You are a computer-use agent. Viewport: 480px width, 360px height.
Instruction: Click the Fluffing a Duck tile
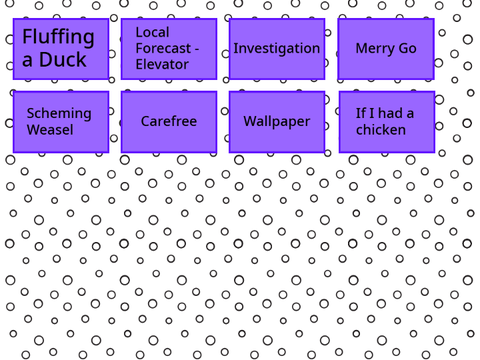coord(61,49)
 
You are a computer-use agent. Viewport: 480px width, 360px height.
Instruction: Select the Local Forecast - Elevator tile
coord(169,49)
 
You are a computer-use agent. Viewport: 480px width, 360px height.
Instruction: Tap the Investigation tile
coord(277,49)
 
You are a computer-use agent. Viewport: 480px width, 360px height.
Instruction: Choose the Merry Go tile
coord(386,49)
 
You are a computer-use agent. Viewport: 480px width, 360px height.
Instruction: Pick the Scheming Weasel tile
coord(61,122)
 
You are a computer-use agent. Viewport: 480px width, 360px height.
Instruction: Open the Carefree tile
coord(169,122)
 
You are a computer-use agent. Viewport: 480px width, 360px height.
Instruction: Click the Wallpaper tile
coord(277,122)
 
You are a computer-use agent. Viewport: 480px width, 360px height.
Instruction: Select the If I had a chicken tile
coord(387,122)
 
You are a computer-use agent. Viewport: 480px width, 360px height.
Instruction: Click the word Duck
coord(63,60)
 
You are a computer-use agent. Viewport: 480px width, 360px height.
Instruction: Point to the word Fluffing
coord(58,37)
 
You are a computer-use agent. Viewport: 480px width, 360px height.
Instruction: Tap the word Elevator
coord(162,64)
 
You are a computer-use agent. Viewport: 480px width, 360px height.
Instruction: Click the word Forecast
coord(163,48)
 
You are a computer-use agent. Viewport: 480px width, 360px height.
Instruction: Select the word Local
coord(152,32)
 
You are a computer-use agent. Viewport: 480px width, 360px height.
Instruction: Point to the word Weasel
coord(50,130)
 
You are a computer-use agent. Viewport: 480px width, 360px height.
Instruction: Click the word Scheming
coord(59,114)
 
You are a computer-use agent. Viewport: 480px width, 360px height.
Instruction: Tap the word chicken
coord(381,130)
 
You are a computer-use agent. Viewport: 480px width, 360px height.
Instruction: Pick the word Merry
coord(375,49)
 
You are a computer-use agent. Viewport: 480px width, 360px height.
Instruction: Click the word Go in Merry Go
coord(407,48)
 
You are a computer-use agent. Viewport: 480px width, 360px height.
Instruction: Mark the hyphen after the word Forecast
coord(197,49)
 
